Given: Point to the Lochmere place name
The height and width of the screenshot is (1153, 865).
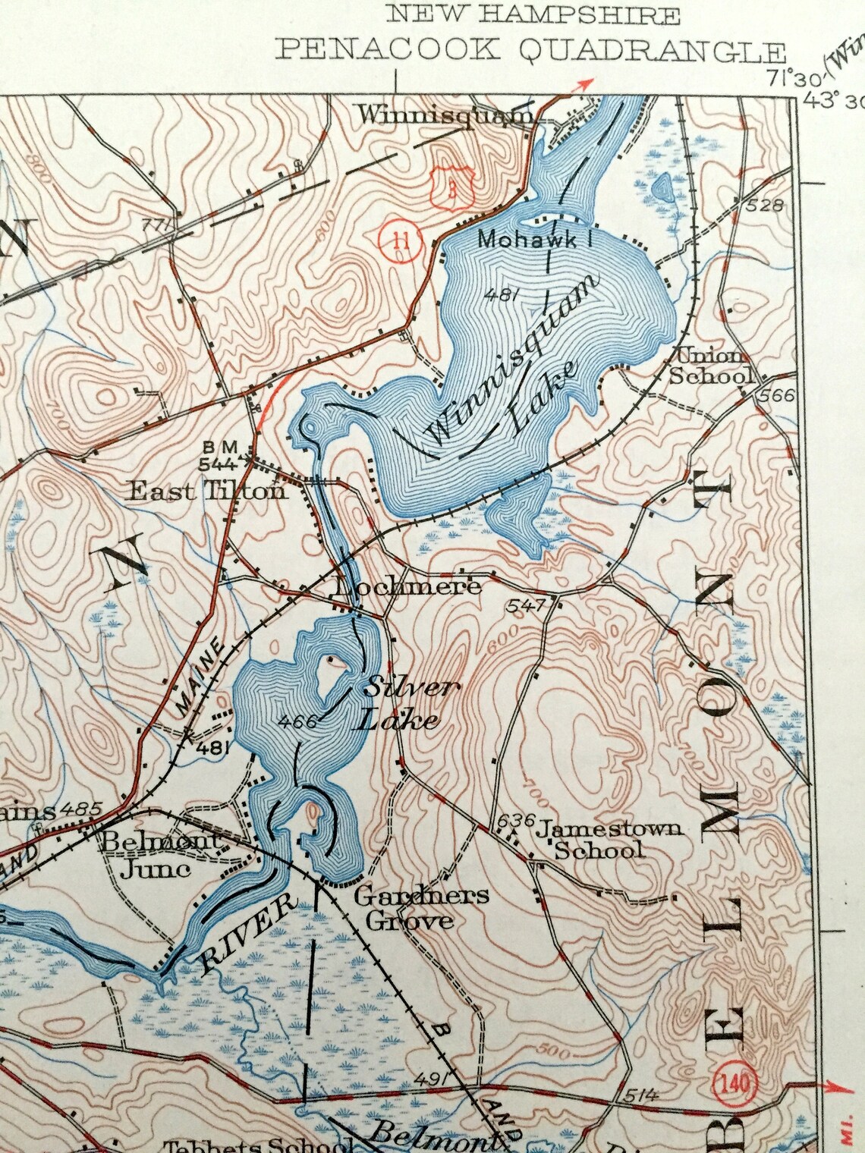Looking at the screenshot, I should (407, 586).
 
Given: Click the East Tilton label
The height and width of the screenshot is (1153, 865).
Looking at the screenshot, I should (207, 491).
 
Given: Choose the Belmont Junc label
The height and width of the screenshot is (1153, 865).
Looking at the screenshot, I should (159, 853).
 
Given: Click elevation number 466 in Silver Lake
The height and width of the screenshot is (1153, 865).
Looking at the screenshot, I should (297, 722).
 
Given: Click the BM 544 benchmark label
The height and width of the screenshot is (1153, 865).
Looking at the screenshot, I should (220, 454).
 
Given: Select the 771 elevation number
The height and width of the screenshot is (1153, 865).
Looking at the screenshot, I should (154, 226).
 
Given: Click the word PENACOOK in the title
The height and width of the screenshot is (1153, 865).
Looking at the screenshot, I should (388, 49).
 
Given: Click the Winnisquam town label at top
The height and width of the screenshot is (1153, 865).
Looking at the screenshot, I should (445, 115).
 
